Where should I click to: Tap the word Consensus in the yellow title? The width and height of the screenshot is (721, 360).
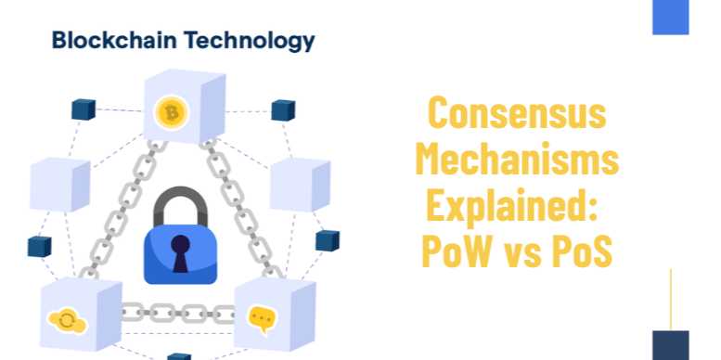click(x=516, y=114)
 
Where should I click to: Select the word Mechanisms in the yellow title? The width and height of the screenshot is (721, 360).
click(x=516, y=160)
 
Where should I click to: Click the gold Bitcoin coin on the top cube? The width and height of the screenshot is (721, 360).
click(x=172, y=113)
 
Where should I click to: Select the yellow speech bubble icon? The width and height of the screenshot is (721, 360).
click(x=263, y=319)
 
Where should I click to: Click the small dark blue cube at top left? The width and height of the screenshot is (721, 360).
click(x=84, y=109)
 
